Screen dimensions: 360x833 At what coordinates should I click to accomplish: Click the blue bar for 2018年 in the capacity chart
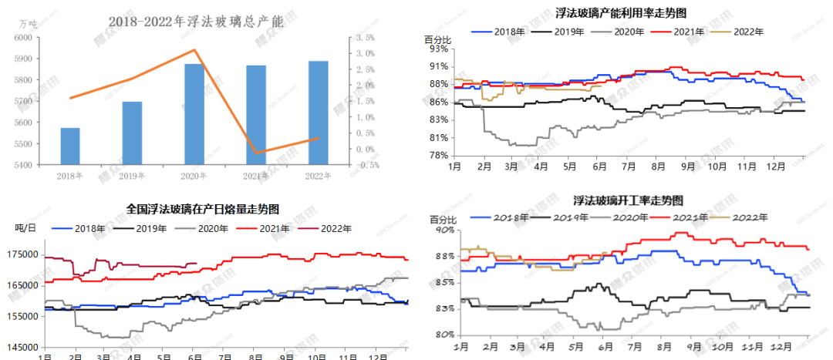pyautogui.click(x=70, y=146)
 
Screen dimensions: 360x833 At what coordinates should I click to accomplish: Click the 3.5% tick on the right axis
pyautogui.click(x=366, y=37)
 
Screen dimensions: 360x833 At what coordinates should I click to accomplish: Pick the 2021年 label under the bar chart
pyautogui.click(x=256, y=176)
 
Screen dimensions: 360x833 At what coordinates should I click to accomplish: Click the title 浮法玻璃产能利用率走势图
pyautogui.click(x=621, y=13)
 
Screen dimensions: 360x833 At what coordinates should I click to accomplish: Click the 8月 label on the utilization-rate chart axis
pyautogui.click(x=659, y=166)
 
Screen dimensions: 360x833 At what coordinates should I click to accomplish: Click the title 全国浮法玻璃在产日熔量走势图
pyautogui.click(x=202, y=209)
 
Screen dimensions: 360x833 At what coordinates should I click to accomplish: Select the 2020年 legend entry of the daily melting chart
pyautogui.click(x=208, y=228)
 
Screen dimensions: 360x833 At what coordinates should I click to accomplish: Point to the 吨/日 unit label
pyautogui.click(x=26, y=227)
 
